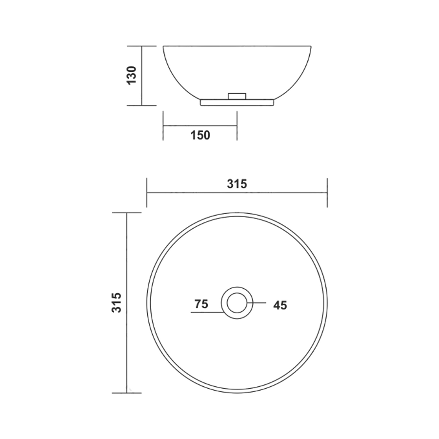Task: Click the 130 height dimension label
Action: tap(132, 75)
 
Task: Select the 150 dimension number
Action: tap(200, 136)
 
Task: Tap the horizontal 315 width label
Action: tap(237, 184)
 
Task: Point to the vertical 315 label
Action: tap(117, 302)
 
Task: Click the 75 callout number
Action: tap(201, 304)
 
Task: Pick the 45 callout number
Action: tap(280, 305)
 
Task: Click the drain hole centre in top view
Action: tap(237, 302)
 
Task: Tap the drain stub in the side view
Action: tap(237, 96)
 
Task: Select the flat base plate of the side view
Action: tap(237, 102)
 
